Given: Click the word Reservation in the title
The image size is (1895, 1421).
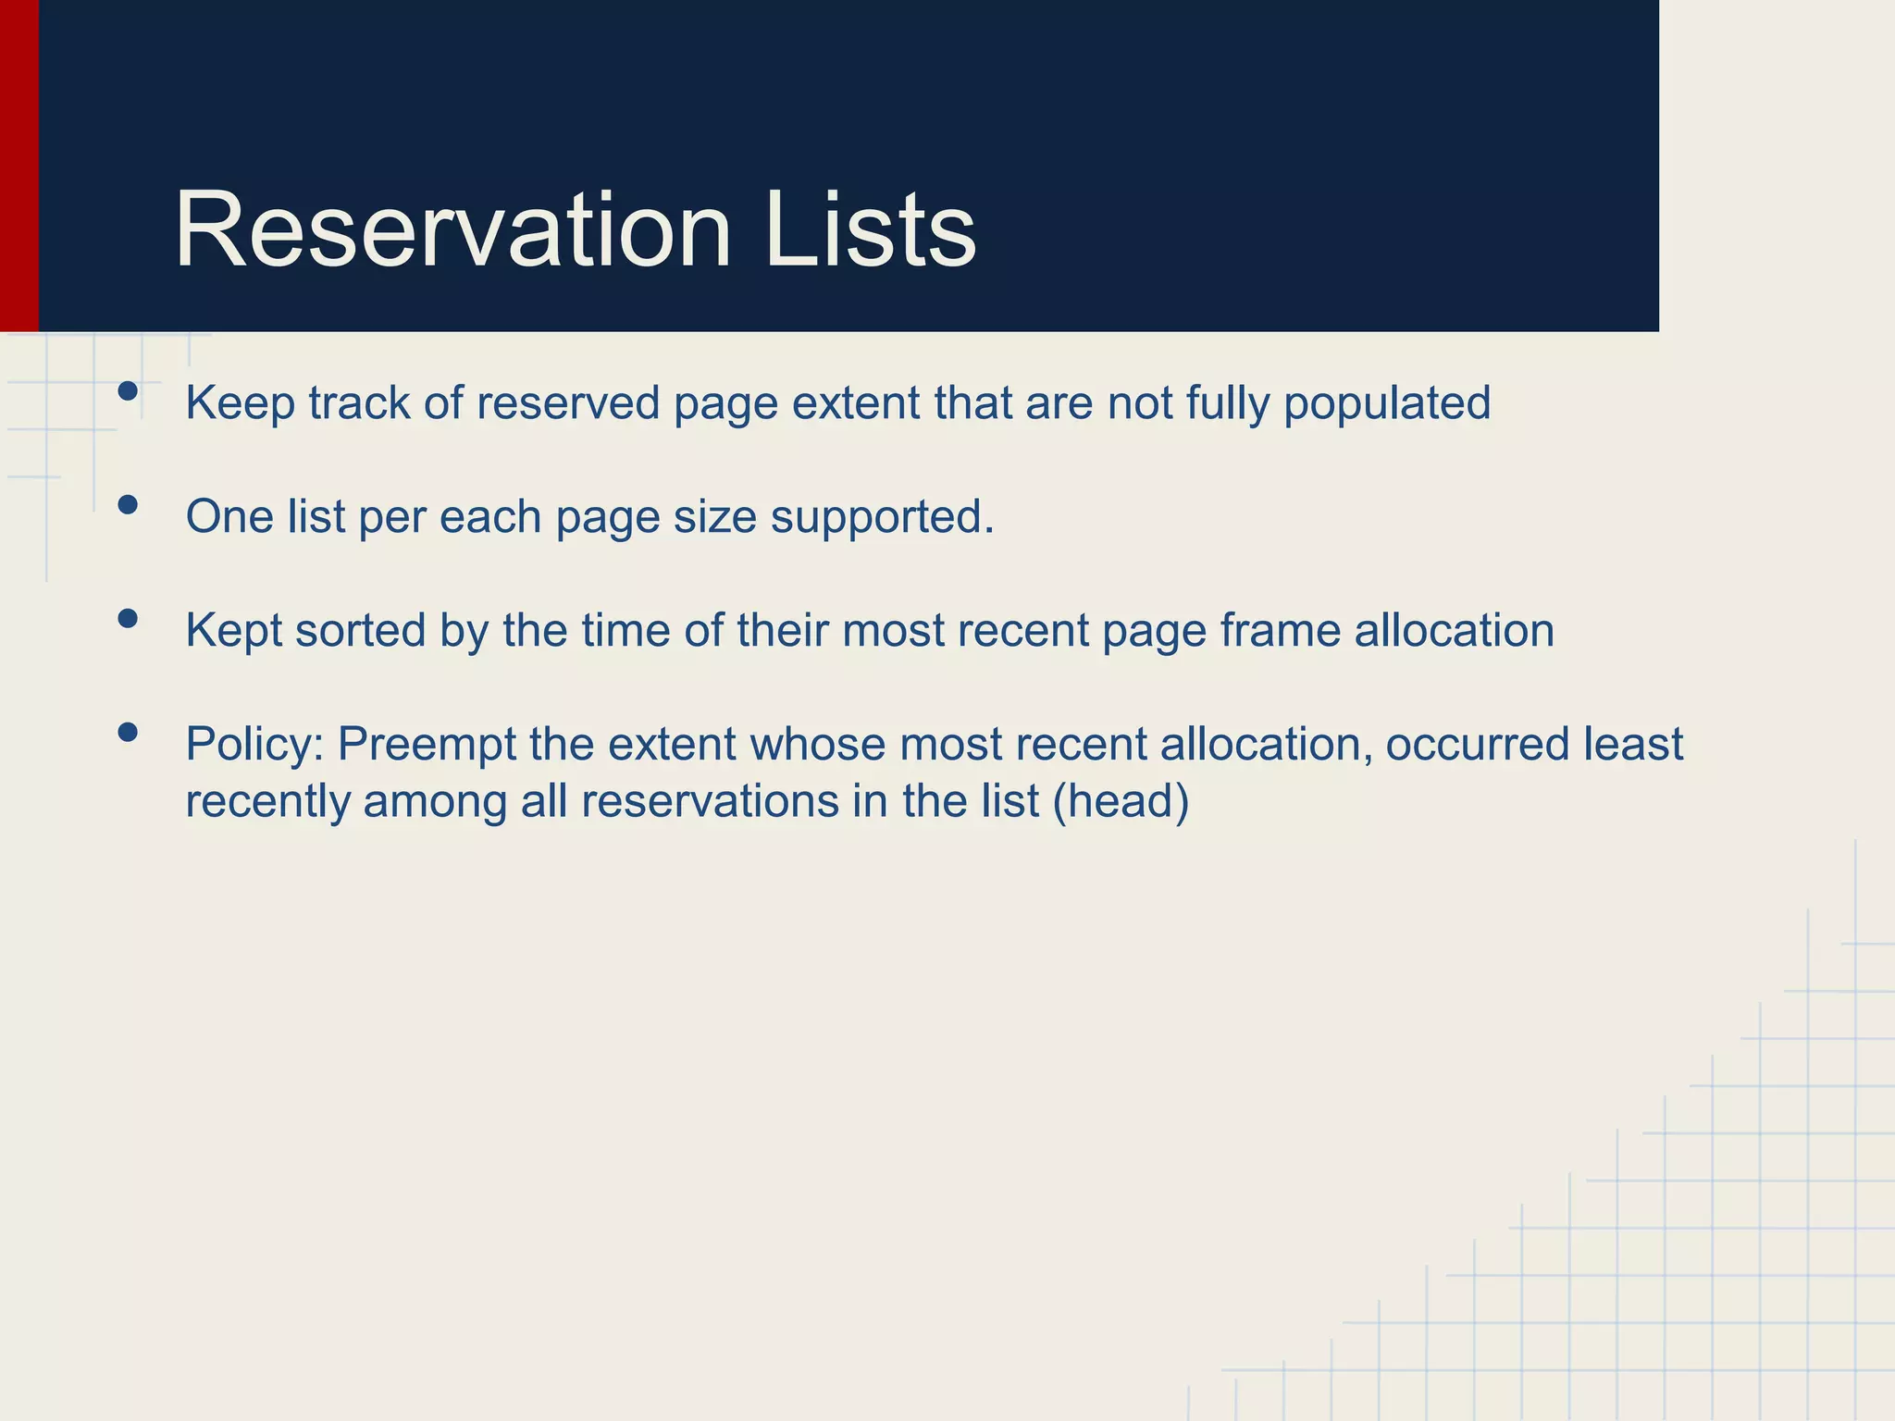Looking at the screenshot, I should point(453,229).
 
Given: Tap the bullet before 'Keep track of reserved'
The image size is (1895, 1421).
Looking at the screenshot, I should point(129,391).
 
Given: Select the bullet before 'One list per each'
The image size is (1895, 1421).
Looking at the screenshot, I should point(129,504).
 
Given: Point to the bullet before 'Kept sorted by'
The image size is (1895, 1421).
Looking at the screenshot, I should point(129,618).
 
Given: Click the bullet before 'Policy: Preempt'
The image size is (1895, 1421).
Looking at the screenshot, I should point(129,732).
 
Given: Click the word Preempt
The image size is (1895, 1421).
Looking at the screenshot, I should point(427,745).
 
